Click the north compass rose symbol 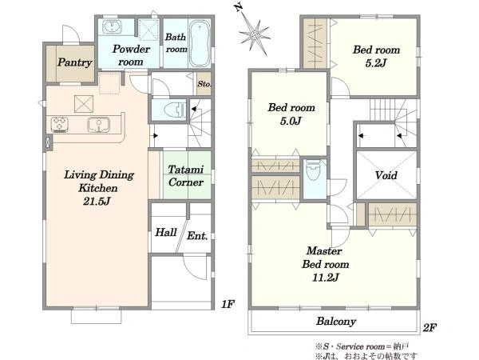(x=255, y=36)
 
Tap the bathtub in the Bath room (x=200, y=43)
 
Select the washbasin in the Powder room (x=112, y=26)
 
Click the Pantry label (x=75, y=62)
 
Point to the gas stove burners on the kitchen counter (x=60, y=125)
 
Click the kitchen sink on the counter (x=98, y=125)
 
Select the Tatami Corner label (x=186, y=176)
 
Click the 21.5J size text (x=97, y=201)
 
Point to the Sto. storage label (x=204, y=84)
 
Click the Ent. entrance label (x=197, y=236)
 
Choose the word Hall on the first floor (x=166, y=232)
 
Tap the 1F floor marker (x=228, y=304)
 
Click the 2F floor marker (x=430, y=327)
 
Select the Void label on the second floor (x=386, y=175)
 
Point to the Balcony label (x=336, y=321)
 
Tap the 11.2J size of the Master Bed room (x=326, y=278)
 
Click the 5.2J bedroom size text (x=376, y=63)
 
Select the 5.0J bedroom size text (x=291, y=121)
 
